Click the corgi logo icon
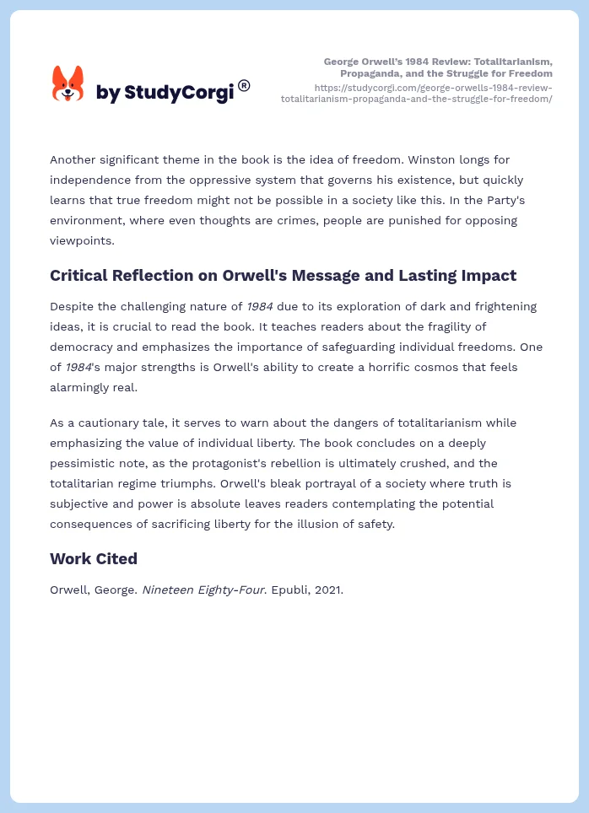coord(68,84)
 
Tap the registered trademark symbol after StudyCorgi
coord(244,85)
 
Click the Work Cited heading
coord(94,558)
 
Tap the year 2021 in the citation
coord(329,590)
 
